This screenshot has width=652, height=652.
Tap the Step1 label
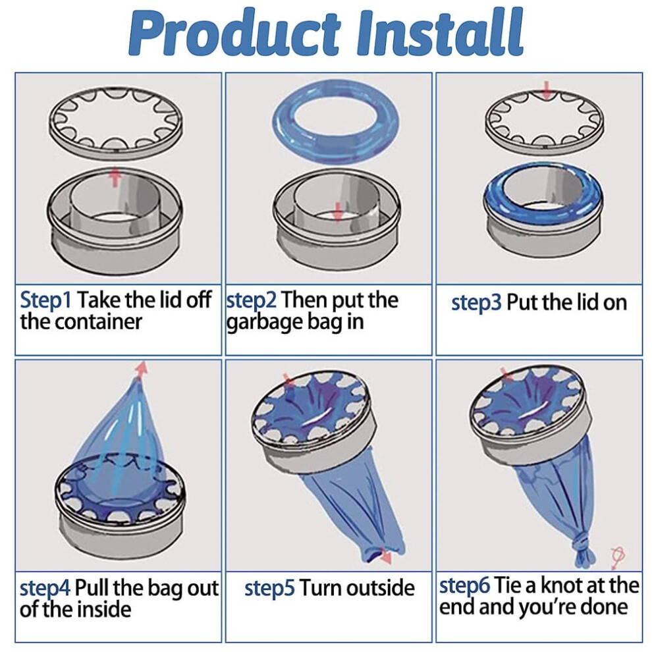tap(45, 301)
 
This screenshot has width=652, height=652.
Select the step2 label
tap(251, 301)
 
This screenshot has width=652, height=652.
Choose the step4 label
tap(45, 589)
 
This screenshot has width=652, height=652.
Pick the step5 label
tap(269, 589)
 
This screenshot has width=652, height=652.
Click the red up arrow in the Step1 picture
tap(116, 177)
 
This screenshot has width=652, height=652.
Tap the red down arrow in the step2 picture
tap(338, 212)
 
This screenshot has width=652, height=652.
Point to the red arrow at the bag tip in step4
tap(142, 369)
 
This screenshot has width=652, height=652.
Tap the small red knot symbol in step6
tap(618, 557)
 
